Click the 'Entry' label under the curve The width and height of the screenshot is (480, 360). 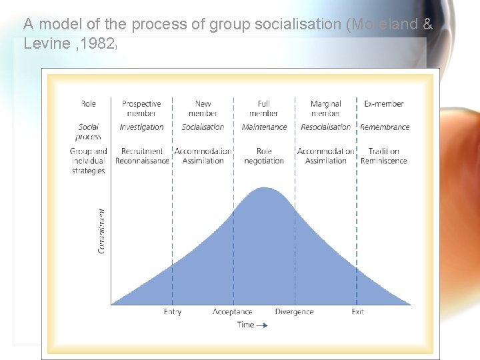[x=173, y=312]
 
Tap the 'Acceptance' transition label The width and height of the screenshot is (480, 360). [x=233, y=312]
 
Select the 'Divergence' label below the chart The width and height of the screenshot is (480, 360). [x=294, y=312]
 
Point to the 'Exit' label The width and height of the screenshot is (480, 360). [x=358, y=312]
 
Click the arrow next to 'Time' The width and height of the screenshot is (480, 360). [x=262, y=325]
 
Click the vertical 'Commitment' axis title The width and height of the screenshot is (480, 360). [x=102, y=231]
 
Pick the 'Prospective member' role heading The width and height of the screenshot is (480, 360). [x=141, y=108]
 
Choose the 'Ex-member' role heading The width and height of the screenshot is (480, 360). [x=384, y=104]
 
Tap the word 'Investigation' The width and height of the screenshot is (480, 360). [x=141, y=127]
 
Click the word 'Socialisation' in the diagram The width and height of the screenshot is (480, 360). [x=203, y=127]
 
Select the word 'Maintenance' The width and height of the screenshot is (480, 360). [x=264, y=127]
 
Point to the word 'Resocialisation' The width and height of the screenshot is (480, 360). [x=325, y=127]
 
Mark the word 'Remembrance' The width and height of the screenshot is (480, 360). [x=385, y=127]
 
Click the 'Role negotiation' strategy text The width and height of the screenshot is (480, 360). [x=264, y=156]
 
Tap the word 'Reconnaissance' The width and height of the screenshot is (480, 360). [x=142, y=161]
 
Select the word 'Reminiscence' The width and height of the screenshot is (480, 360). [x=384, y=161]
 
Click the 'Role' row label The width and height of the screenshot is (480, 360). [x=89, y=104]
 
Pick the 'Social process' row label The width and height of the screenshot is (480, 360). [x=89, y=131]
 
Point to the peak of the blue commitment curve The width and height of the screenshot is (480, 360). [x=265, y=188]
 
